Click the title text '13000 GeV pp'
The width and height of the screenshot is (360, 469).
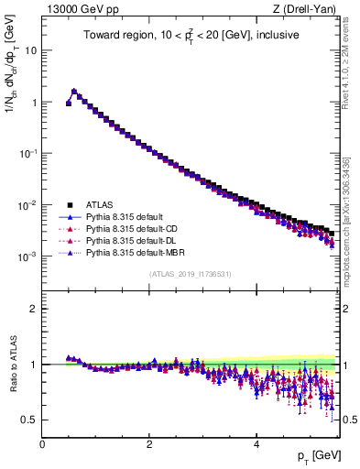[76, 9]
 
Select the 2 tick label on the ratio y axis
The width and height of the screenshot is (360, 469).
[34, 309]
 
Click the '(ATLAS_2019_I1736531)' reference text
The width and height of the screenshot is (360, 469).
[191, 274]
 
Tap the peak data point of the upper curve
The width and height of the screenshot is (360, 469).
[74, 91]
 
